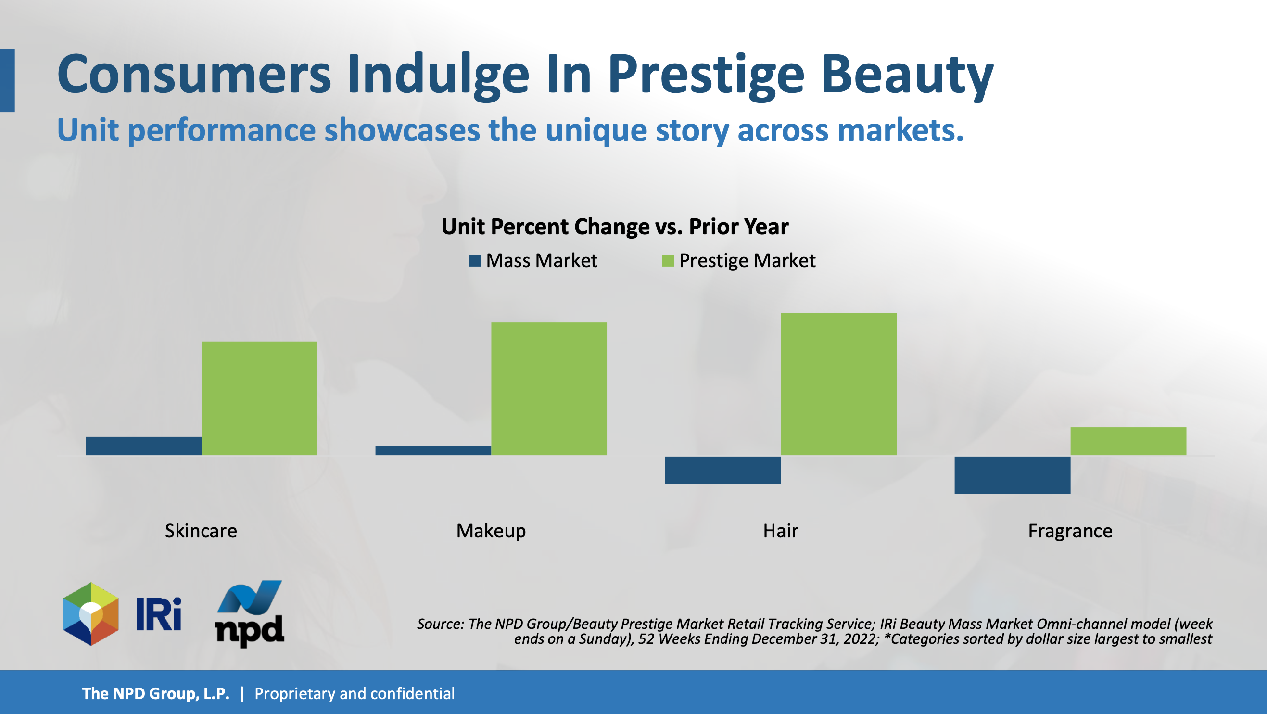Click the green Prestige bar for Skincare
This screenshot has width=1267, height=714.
click(x=259, y=398)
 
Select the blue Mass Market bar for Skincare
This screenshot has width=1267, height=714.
click(x=144, y=446)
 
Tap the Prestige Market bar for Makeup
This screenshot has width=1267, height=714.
click(x=549, y=389)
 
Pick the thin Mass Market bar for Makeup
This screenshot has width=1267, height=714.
click(x=433, y=451)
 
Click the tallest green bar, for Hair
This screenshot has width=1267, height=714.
click(x=838, y=384)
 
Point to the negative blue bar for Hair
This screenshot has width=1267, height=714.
click(x=723, y=471)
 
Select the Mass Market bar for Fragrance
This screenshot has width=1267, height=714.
click(x=1012, y=475)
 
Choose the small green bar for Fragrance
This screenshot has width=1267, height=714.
click(x=1128, y=441)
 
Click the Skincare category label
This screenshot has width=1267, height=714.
click(x=201, y=531)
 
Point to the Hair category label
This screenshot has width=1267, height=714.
click(x=781, y=531)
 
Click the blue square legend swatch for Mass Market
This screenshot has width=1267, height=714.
click(x=475, y=261)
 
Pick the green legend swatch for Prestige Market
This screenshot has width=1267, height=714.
click(x=668, y=261)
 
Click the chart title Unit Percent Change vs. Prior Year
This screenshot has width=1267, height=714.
click(x=615, y=227)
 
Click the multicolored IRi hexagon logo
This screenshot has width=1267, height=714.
click(x=91, y=613)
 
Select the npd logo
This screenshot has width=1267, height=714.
click(x=249, y=613)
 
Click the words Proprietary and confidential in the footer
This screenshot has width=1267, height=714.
click(x=354, y=694)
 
